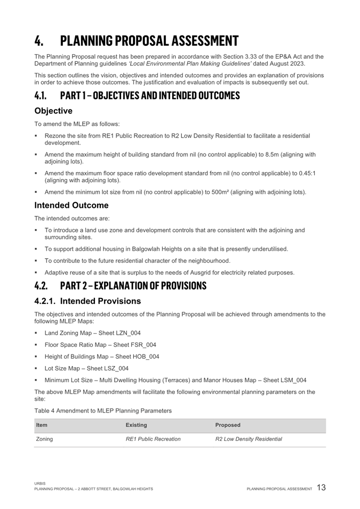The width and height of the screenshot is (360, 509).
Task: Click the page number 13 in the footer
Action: [321, 488]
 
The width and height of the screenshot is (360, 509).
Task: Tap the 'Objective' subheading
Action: [53, 111]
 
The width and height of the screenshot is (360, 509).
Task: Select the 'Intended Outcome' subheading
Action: [71, 205]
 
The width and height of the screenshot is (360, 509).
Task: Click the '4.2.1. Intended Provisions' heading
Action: [87, 301]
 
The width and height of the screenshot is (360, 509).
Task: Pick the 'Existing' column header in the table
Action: [136, 425]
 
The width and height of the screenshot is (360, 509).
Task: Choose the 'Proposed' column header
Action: [228, 425]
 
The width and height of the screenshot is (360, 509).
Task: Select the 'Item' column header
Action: [42, 425]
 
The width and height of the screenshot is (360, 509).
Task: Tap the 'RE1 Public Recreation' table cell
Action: [153, 439]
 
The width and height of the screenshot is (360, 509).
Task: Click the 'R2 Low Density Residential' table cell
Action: [249, 439]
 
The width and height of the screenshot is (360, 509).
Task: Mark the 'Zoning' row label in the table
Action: [44, 439]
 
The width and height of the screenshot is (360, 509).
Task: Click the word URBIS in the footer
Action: [39, 483]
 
